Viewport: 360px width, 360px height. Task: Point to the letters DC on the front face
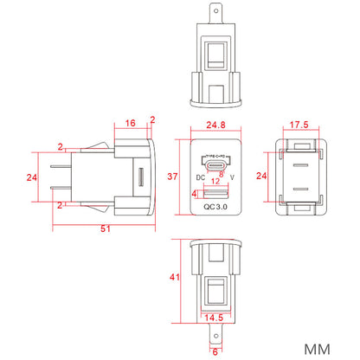tap(200, 177)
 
